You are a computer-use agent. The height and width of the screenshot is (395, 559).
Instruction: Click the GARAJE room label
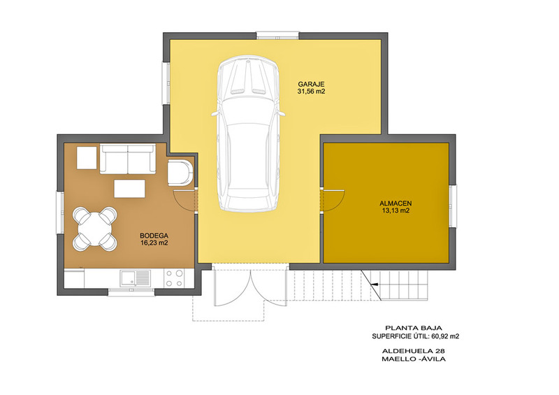(x=311, y=85)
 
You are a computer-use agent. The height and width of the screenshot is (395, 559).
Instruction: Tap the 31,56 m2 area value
(x=311, y=92)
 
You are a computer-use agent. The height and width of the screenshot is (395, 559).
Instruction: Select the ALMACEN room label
(x=395, y=203)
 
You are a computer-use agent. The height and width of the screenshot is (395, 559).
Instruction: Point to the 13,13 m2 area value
(x=395, y=210)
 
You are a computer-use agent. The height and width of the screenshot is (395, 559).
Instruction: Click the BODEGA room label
(x=154, y=236)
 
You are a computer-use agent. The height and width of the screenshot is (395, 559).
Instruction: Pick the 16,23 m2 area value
(x=154, y=243)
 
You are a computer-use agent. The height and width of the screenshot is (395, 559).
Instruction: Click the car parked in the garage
(x=248, y=134)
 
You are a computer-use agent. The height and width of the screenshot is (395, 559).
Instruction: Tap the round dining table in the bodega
(x=95, y=229)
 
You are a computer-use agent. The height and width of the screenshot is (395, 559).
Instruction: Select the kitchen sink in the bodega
(x=136, y=278)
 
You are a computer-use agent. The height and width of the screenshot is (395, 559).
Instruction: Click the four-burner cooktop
(x=175, y=278)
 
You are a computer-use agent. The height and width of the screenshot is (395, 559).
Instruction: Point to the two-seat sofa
(x=128, y=159)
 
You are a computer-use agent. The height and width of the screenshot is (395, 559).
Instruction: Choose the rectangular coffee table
(x=129, y=188)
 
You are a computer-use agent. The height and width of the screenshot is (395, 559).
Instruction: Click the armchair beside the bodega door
(x=180, y=173)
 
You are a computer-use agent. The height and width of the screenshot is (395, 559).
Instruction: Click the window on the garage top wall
(x=277, y=36)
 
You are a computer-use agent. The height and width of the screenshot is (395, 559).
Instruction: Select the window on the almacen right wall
(x=452, y=206)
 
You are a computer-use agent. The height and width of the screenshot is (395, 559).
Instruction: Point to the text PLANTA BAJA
(x=414, y=328)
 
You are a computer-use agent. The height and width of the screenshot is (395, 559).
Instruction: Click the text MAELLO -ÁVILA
(x=414, y=359)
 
